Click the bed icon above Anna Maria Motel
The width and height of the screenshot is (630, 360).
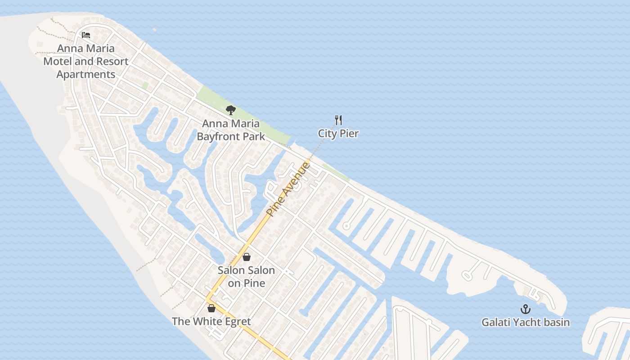coord(86,35)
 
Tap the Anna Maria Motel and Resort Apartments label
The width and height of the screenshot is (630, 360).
coord(86,61)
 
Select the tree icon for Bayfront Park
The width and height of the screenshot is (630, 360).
coord(231,110)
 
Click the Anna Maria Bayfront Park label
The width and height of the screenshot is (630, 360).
coord(231,130)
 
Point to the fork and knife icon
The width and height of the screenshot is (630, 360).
coord(338,120)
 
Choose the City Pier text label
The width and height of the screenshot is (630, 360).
coord(338,133)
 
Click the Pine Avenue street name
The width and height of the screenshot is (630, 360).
coord(288,189)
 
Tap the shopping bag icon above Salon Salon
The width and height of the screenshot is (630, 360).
coord(246,257)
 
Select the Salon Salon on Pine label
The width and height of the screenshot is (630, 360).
coord(246,276)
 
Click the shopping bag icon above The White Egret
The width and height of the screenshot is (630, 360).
coord(211,308)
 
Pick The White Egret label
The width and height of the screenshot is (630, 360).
coord(211,321)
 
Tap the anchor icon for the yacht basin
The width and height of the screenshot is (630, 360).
coord(525,309)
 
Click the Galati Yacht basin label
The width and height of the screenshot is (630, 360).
coord(525,322)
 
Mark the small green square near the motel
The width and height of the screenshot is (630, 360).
coord(145,85)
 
